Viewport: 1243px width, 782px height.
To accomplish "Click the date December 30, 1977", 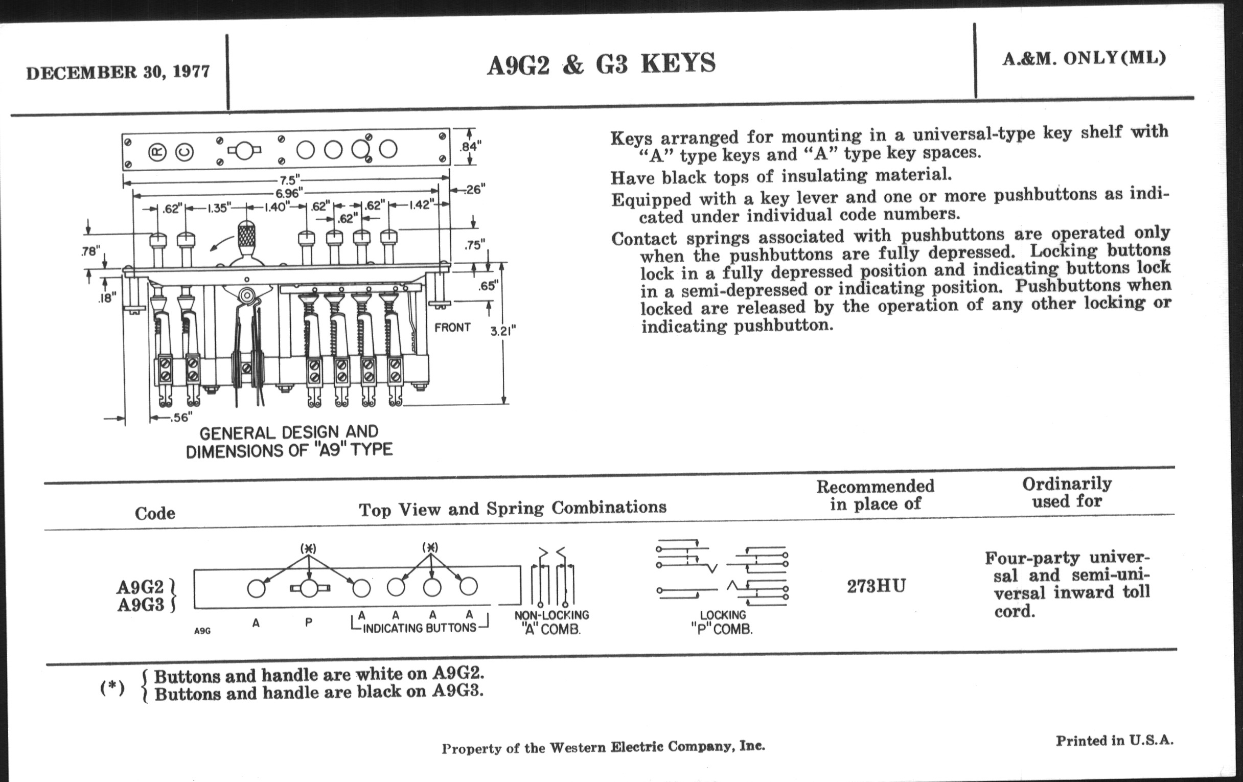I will pos(118,71).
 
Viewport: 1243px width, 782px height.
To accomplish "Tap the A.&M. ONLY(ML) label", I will pos(1084,58).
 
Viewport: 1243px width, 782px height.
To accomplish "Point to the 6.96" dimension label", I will pos(288,193).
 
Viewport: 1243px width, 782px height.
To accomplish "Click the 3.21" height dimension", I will pos(503,331).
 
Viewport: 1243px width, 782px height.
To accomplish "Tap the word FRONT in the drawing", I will pos(452,327).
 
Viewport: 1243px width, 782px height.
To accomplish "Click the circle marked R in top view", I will pos(157,152).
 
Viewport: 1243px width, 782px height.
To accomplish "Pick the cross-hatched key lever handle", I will pos(247,236).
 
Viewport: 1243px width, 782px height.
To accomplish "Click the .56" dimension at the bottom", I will pos(180,417).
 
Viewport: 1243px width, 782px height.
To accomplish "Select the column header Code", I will pos(155,513).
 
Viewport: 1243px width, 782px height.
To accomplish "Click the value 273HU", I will pos(876,586).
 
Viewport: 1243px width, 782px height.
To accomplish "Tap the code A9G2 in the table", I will pos(140,587).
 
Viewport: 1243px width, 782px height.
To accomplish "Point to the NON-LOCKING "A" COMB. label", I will pos(551,622).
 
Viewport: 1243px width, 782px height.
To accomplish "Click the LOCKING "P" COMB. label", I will pos(722,622).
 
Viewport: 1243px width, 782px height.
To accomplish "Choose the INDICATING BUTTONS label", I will pos(419,628).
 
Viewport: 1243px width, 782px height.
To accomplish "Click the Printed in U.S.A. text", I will pos(1115,741).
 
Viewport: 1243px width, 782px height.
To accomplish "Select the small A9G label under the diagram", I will pos(202,631).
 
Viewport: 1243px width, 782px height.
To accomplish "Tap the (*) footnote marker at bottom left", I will pos(112,687).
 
